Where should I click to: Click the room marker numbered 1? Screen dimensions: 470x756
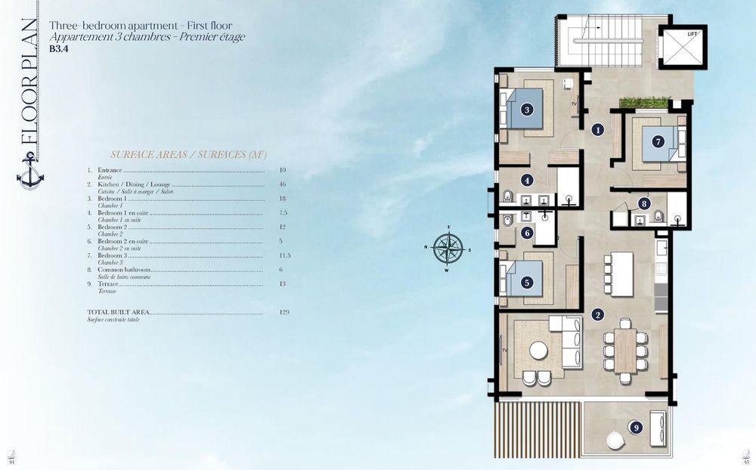(598, 129)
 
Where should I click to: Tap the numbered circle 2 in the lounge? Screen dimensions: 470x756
(598, 315)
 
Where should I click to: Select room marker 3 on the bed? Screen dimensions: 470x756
(527, 110)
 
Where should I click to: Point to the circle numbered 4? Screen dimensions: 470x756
(527, 180)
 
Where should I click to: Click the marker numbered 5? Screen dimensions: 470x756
(527, 283)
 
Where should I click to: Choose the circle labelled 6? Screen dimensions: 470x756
(527, 233)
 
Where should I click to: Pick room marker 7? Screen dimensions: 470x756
(658, 141)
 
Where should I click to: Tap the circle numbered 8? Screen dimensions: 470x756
(643, 203)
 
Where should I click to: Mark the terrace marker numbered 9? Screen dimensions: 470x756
(637, 428)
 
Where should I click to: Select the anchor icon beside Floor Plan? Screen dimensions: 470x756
(30, 170)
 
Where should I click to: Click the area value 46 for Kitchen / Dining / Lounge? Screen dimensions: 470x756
(282, 184)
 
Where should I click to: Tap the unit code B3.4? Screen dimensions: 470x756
(58, 47)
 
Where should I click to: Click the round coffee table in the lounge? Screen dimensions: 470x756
(538, 350)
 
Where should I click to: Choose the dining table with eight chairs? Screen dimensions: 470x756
(624, 347)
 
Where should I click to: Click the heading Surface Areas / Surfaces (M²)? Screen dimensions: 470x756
(188, 154)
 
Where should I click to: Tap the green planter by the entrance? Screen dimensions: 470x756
(644, 103)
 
